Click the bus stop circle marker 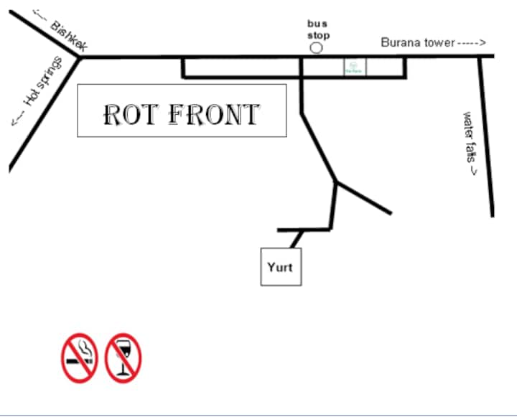316,48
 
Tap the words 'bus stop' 318,29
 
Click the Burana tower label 418,43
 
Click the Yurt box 280,267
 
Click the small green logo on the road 354,67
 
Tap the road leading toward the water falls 487,136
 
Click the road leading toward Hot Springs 43,115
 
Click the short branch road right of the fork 365,199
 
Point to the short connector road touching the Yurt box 297,238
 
